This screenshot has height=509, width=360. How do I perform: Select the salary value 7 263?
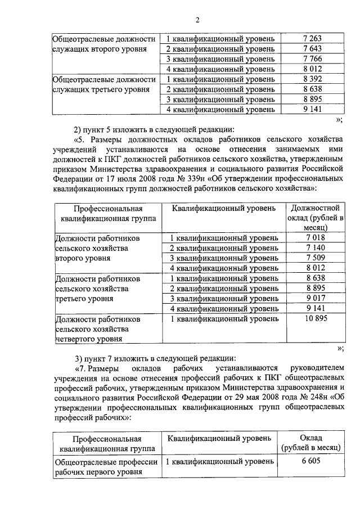coord(311,38)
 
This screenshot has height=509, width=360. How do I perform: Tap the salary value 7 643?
coord(311,49)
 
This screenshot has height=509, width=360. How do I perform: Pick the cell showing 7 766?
coord(311,60)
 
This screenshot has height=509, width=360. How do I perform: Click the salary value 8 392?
coord(311,79)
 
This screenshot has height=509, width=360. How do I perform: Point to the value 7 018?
coord(316,238)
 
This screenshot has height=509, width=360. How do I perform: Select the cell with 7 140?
coord(316,248)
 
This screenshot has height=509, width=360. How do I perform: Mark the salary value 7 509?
coord(316,258)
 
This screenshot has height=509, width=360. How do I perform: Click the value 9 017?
coord(316,299)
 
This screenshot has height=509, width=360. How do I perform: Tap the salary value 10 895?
coord(316,319)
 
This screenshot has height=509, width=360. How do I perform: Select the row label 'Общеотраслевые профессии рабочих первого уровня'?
coord(106,467)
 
